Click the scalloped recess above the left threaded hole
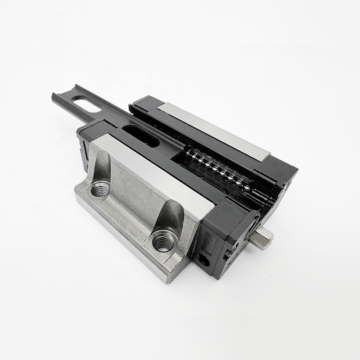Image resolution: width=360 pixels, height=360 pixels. coord(103,166)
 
